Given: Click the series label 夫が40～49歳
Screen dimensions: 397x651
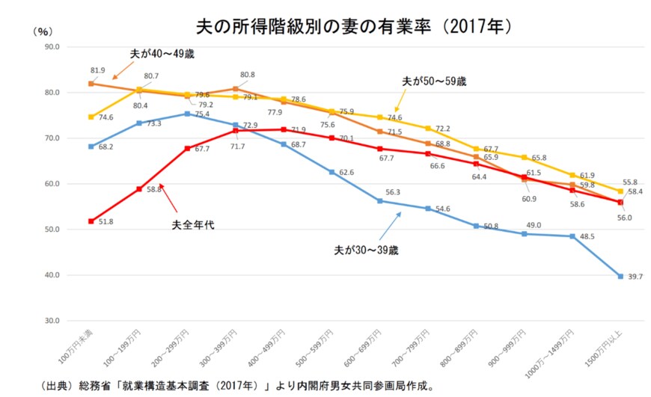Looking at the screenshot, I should click(167, 54).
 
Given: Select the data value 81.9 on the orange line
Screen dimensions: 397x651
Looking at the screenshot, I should click(97, 70).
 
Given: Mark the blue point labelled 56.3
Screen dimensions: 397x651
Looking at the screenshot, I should click(380, 200).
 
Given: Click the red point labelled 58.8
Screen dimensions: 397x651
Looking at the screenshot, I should click(139, 189).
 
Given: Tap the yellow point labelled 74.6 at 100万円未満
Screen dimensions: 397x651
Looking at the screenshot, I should click(91, 117).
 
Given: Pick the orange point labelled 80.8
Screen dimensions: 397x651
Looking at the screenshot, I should click(236, 89).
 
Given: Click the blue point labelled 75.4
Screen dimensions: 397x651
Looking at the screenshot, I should click(187, 114).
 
